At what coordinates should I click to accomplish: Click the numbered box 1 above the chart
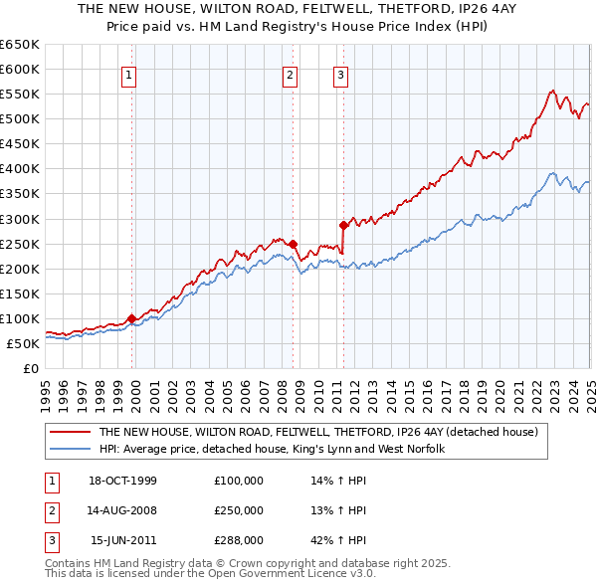coord(130,74)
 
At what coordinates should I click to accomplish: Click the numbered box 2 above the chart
coord(289,74)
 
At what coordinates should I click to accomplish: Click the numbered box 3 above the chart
coord(340,74)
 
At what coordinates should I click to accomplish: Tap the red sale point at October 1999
coord(132,318)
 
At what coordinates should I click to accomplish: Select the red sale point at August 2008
coord(294,244)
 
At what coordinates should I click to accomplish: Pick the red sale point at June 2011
coord(343,225)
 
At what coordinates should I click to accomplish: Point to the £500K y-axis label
coord(20,119)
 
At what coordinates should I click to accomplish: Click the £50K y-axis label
coord(24,344)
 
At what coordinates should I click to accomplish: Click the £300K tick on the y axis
coord(20,219)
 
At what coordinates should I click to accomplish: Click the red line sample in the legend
coord(70,433)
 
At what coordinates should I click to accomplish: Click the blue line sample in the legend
coord(70,450)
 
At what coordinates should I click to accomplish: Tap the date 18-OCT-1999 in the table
coord(122,482)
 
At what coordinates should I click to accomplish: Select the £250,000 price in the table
coord(239,511)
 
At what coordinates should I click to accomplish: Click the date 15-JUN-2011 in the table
coord(123,541)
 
